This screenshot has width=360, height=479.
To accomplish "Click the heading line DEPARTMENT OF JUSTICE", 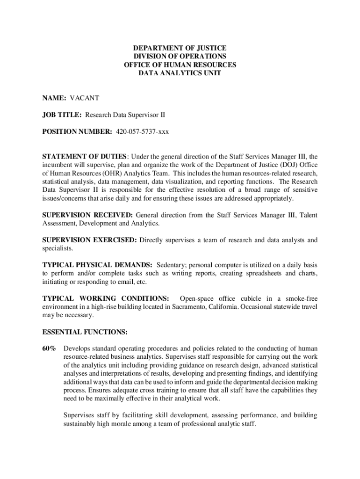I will click(180, 48).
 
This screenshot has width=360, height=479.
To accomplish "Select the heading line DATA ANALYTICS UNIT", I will click(180, 73).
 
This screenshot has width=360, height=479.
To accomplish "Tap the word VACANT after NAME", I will click(85, 98).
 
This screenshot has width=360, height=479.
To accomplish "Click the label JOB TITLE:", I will click(62, 115).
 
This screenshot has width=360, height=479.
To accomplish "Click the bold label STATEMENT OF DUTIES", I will click(84, 156).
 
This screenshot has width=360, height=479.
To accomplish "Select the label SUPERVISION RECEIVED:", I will click(87, 215).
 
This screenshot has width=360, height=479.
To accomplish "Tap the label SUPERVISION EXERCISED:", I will click(89, 240).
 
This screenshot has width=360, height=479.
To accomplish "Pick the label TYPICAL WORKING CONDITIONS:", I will click(106, 298).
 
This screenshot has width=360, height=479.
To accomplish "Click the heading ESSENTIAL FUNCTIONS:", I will click(85, 332).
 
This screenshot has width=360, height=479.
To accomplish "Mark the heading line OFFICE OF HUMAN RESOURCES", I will click(180, 65).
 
